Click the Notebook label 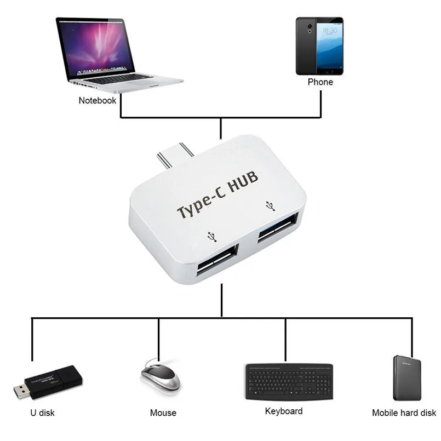click(x=98, y=100)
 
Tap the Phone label click(x=320, y=82)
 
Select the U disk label click(x=42, y=413)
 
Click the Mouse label click(x=163, y=413)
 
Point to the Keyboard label click(x=284, y=411)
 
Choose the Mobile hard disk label click(x=404, y=413)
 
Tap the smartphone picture click(x=319, y=46)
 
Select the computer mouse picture click(x=160, y=375)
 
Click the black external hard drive click(x=408, y=377)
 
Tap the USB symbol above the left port click(x=211, y=236)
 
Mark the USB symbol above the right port click(x=269, y=205)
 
